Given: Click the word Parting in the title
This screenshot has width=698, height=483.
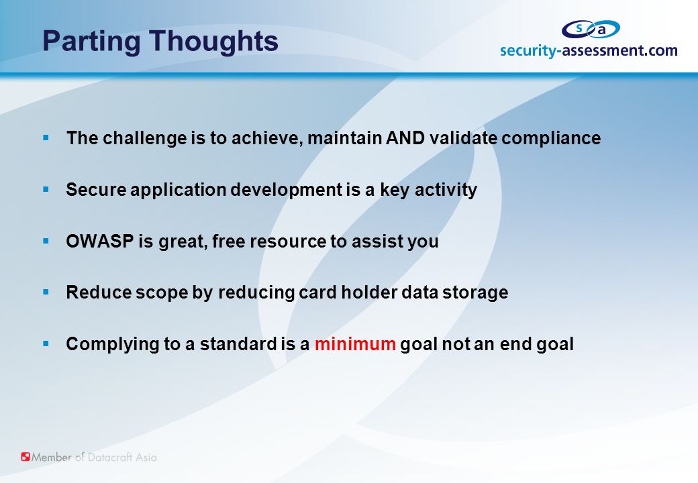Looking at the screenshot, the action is (91, 42).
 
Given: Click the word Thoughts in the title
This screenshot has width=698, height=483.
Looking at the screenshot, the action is (213, 42).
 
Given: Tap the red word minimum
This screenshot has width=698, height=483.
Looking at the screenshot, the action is (355, 343).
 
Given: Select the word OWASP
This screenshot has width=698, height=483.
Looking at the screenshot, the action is (100, 241).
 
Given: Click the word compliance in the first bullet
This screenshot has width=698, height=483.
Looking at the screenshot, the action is (551, 139).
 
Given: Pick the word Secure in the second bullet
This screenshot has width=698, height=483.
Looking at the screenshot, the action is (96, 189).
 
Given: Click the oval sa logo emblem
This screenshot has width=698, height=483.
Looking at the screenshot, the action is (590, 30).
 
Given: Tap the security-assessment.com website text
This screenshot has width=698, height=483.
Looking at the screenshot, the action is (589, 51).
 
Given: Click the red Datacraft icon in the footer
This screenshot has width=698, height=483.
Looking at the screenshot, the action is (26, 457).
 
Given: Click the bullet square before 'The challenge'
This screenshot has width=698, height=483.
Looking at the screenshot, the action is (46, 138).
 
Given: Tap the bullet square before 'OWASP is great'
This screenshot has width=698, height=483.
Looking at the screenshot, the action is (46, 241).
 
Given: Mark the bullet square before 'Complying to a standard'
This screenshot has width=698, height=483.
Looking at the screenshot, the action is (46, 343).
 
